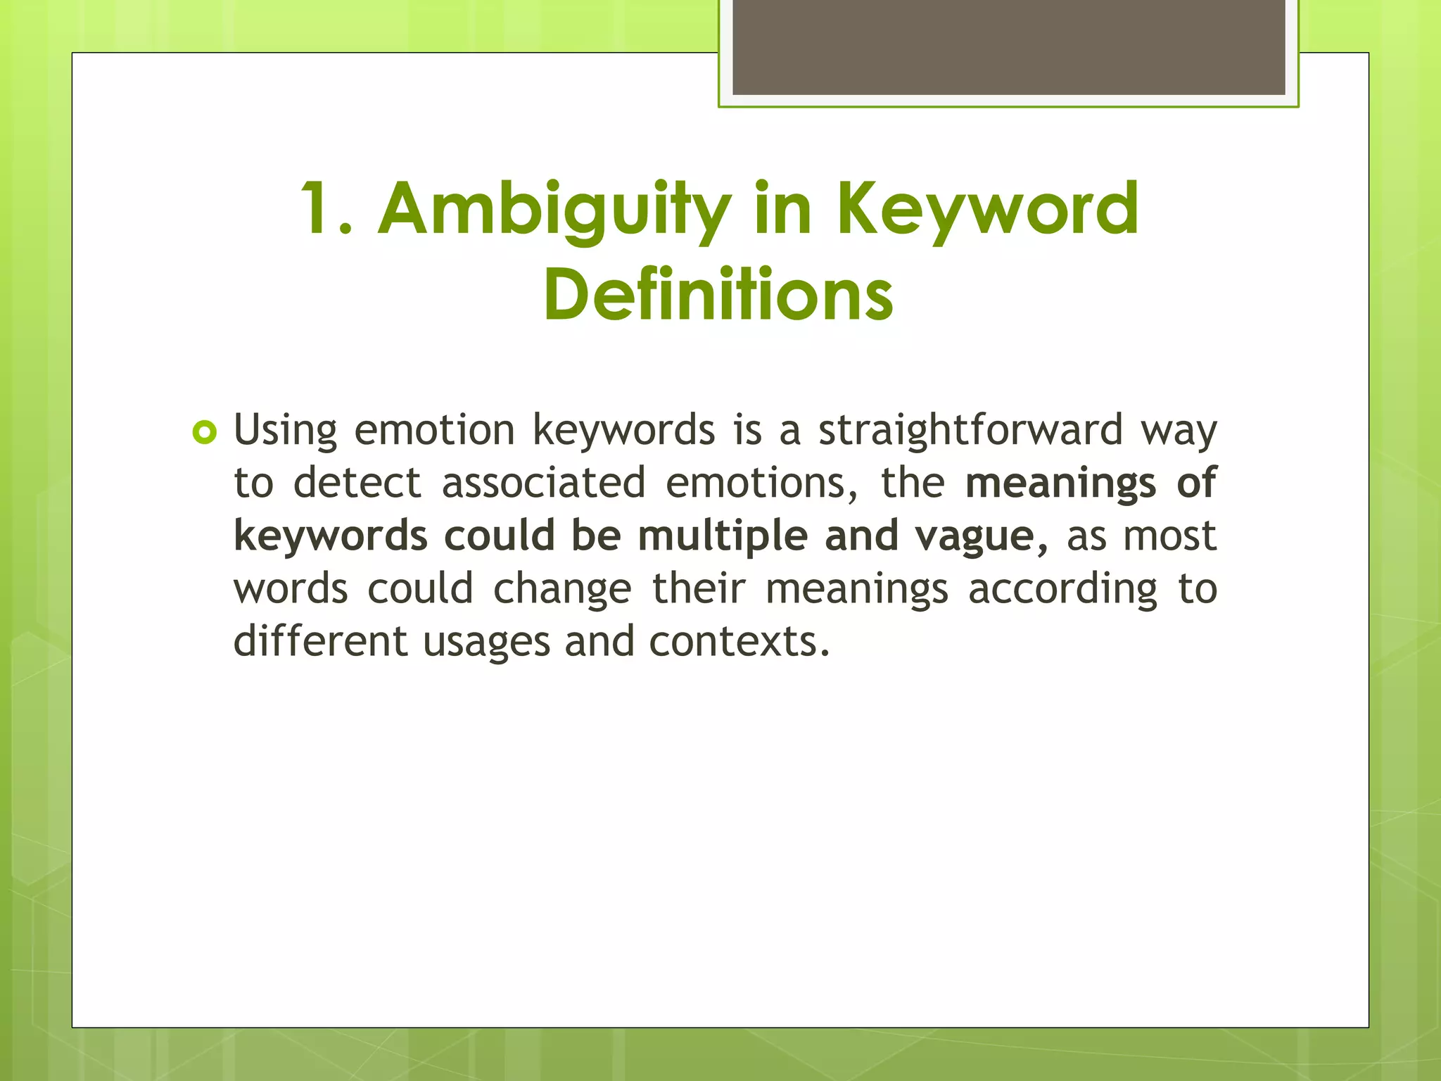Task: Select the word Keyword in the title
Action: [986, 210]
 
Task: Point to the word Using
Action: [285, 430]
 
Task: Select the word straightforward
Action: [970, 430]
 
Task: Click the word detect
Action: [357, 483]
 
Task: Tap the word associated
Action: [543, 483]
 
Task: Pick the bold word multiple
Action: [723, 536]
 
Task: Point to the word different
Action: [320, 641]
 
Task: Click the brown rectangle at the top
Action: [1008, 46]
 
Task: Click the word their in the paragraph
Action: [698, 588]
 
